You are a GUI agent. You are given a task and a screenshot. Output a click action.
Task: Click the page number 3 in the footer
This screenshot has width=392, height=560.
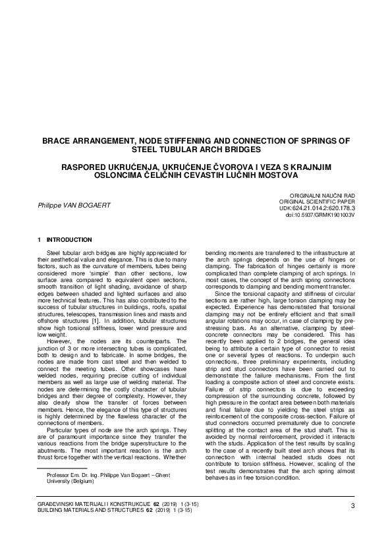click(353, 505)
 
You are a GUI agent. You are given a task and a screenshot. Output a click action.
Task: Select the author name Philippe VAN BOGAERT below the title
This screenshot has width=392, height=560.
click(74, 205)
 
